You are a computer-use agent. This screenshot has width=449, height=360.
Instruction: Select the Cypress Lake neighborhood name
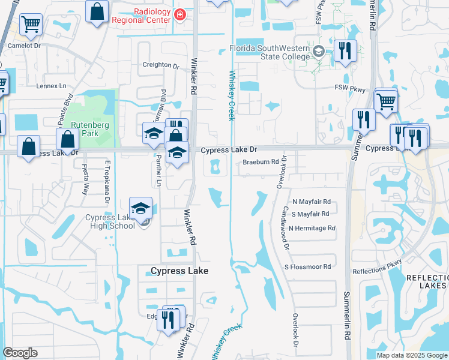[179, 271]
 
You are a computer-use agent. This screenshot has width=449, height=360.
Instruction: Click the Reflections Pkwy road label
[377, 271]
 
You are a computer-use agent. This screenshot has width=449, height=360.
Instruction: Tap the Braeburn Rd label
[261, 162]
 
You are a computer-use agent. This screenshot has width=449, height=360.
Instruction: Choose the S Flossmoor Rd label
[308, 266]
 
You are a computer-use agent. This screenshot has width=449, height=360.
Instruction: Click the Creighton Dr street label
[161, 65]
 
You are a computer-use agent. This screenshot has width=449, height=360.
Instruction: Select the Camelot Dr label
[24, 45]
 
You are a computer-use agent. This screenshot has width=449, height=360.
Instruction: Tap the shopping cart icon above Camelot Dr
[31, 25]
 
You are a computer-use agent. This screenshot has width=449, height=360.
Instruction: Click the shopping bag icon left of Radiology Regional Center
[97, 11]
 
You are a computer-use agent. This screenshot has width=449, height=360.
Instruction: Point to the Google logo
[20, 353]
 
